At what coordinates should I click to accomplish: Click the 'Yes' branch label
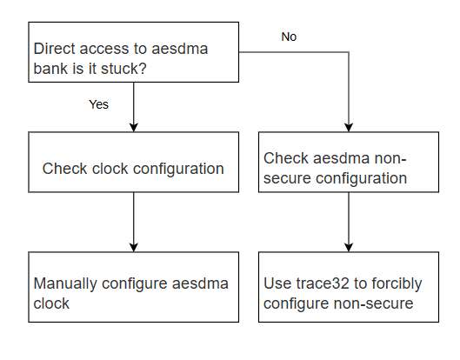tap(98, 104)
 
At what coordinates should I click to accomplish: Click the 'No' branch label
tap(289, 37)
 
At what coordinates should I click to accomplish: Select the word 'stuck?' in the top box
tap(123, 69)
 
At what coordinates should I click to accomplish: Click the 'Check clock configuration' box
tap(134, 162)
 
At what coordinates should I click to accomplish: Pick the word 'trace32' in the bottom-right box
tap(323, 283)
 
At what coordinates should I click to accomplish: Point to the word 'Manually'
tap(65, 284)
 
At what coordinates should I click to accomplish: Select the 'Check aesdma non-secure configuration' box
tap(349, 162)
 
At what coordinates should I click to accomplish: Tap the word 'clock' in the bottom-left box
tap(51, 303)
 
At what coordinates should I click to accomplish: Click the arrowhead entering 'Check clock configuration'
tap(134, 127)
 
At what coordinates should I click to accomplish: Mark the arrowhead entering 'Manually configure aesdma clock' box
tap(134, 247)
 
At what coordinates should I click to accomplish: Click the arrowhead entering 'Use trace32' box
tap(349, 247)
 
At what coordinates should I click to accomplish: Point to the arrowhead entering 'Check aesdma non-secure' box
tap(349, 127)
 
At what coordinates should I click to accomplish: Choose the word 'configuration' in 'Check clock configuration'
tap(178, 169)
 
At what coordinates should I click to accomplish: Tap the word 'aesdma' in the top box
tap(179, 49)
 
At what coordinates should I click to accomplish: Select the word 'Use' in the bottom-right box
tap(277, 283)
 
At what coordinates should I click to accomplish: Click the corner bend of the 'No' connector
tap(349, 52)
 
